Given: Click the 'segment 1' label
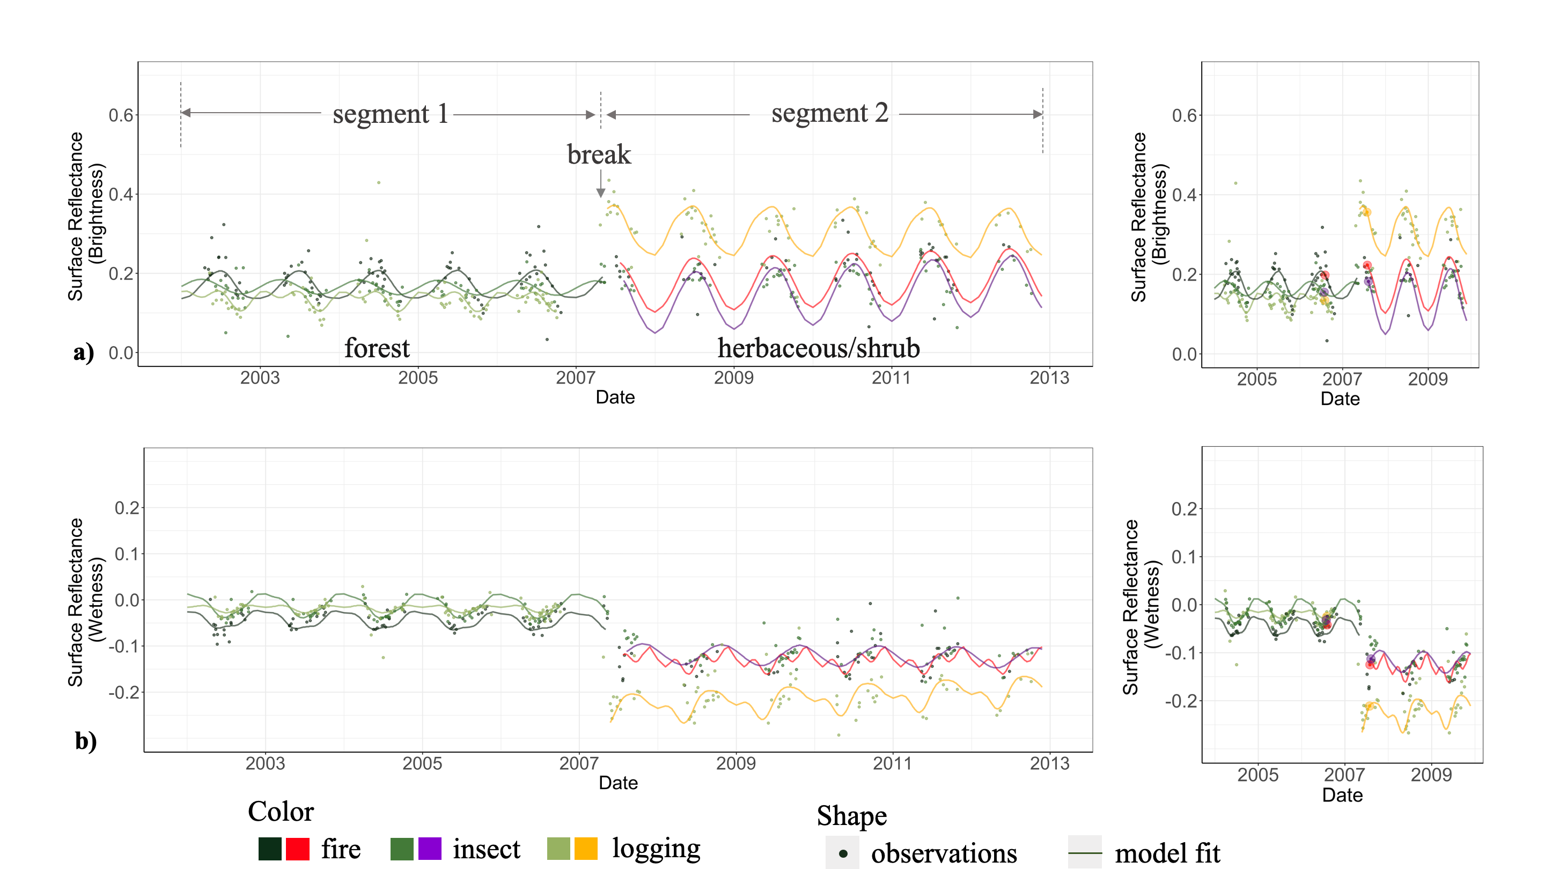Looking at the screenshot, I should pos(391,113).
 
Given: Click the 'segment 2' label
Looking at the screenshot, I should pos(829,113).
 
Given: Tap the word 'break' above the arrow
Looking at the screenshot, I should pos(599,154).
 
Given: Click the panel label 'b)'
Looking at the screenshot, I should pos(86,741).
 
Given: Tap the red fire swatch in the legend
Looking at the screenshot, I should pos(298,849).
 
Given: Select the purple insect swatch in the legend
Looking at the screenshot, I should pos(429,849).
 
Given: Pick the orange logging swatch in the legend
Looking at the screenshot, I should pos(586,849).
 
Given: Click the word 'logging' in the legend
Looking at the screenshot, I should pos(656,849).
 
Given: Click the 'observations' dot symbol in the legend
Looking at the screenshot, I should pos(843,853).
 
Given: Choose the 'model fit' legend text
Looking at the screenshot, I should pos(1167,853).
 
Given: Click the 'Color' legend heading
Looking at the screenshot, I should pos(281,812).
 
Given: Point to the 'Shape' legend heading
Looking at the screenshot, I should pos(852,815).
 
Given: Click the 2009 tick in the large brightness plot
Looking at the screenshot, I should pos(733,378).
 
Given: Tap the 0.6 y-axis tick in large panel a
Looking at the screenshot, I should pos(121,115).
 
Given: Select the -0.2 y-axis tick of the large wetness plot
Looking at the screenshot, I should pos(123,693).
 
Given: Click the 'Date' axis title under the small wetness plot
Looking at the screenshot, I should pos(1342,795).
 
